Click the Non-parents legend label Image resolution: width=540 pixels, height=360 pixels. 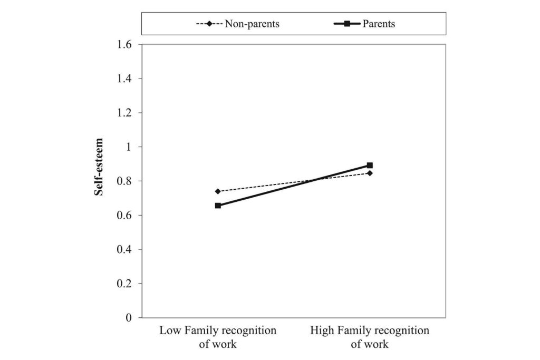252,24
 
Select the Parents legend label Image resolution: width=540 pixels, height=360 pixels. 379,24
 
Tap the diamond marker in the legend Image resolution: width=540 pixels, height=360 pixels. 209,24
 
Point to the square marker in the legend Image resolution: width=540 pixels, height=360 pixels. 348,24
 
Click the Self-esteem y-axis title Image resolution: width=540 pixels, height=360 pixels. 99,167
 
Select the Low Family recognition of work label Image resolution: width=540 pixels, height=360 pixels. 218,337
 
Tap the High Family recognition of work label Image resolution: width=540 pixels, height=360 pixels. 370,337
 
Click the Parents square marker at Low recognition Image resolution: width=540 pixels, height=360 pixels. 218,206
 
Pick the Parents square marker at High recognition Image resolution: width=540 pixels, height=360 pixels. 370,166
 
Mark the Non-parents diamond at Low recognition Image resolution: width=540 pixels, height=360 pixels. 218,191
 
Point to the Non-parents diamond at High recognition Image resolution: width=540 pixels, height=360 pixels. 370,173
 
